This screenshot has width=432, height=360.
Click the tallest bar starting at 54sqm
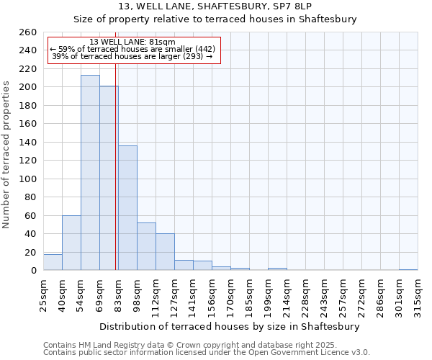tap(90, 173)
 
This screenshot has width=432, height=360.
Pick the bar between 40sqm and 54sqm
tap(71, 243)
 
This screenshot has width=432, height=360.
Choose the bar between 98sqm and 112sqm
tap(146, 246)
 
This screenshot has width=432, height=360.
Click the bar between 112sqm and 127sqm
tap(165, 252)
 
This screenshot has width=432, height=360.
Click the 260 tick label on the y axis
tap(28, 32)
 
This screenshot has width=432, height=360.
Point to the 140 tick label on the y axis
tap(28, 143)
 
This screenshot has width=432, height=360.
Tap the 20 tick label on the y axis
tap(31, 252)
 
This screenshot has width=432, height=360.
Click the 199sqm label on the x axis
tap(268, 294)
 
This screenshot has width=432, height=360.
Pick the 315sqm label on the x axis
tap(418, 294)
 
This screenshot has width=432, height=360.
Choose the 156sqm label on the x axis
tap(212, 294)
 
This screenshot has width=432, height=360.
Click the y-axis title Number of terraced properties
tap(7, 154)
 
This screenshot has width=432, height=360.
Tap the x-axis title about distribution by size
tap(230, 326)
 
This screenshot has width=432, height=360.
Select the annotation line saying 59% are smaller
tap(132, 49)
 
